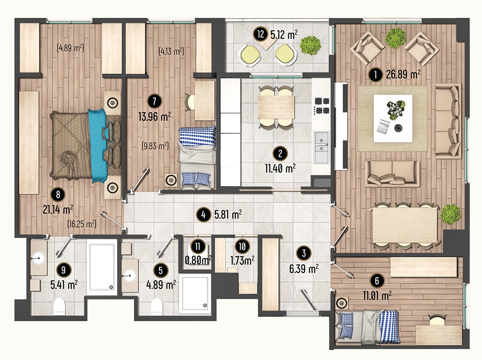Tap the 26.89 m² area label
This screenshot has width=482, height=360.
click(403, 74)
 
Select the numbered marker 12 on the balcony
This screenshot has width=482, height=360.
click(261, 34)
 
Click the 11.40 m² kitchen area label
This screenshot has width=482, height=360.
click(280, 168)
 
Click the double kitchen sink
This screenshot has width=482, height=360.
click(321, 147)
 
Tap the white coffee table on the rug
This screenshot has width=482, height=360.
click(393, 118)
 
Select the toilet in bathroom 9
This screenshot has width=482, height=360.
click(60, 306)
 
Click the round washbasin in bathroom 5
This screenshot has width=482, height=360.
click(130, 276)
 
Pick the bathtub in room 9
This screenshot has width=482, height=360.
click(101, 267)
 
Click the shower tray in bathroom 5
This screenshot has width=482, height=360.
click(195, 294)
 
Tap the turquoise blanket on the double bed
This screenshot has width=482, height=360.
click(98, 146)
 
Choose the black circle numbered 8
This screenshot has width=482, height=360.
click(58, 194)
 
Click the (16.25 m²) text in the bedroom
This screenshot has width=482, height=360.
click(82, 224)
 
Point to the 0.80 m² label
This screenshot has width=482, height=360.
click(198, 260)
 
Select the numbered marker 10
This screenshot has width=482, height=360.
click(242, 246)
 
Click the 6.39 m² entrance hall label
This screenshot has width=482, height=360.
click(304, 269)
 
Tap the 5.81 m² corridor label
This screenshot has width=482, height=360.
click(228, 214)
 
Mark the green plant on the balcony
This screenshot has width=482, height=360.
click(311, 46)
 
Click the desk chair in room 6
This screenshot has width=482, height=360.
click(437, 320)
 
